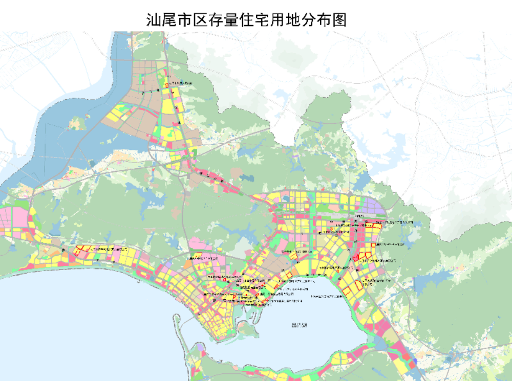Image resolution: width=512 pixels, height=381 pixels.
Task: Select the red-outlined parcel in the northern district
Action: coord(166,85)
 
